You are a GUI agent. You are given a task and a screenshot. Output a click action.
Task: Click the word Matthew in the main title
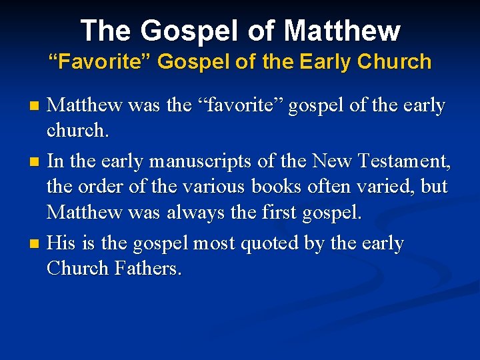(x=341, y=31)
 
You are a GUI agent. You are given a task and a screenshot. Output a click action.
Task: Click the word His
(x=61, y=243)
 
